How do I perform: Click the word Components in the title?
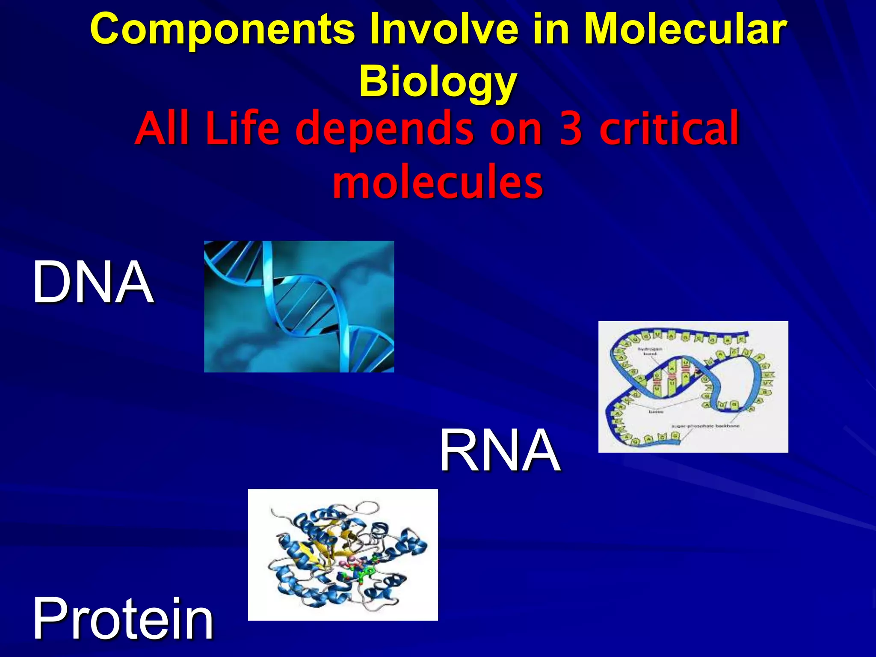coord(222,30)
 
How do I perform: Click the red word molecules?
coord(438,182)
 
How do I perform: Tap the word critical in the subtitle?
coord(669,128)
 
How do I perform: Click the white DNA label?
coord(93,282)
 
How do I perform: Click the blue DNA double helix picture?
coord(299,306)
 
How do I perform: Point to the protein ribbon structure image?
coord(343,554)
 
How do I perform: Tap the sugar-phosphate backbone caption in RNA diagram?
coord(705,426)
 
